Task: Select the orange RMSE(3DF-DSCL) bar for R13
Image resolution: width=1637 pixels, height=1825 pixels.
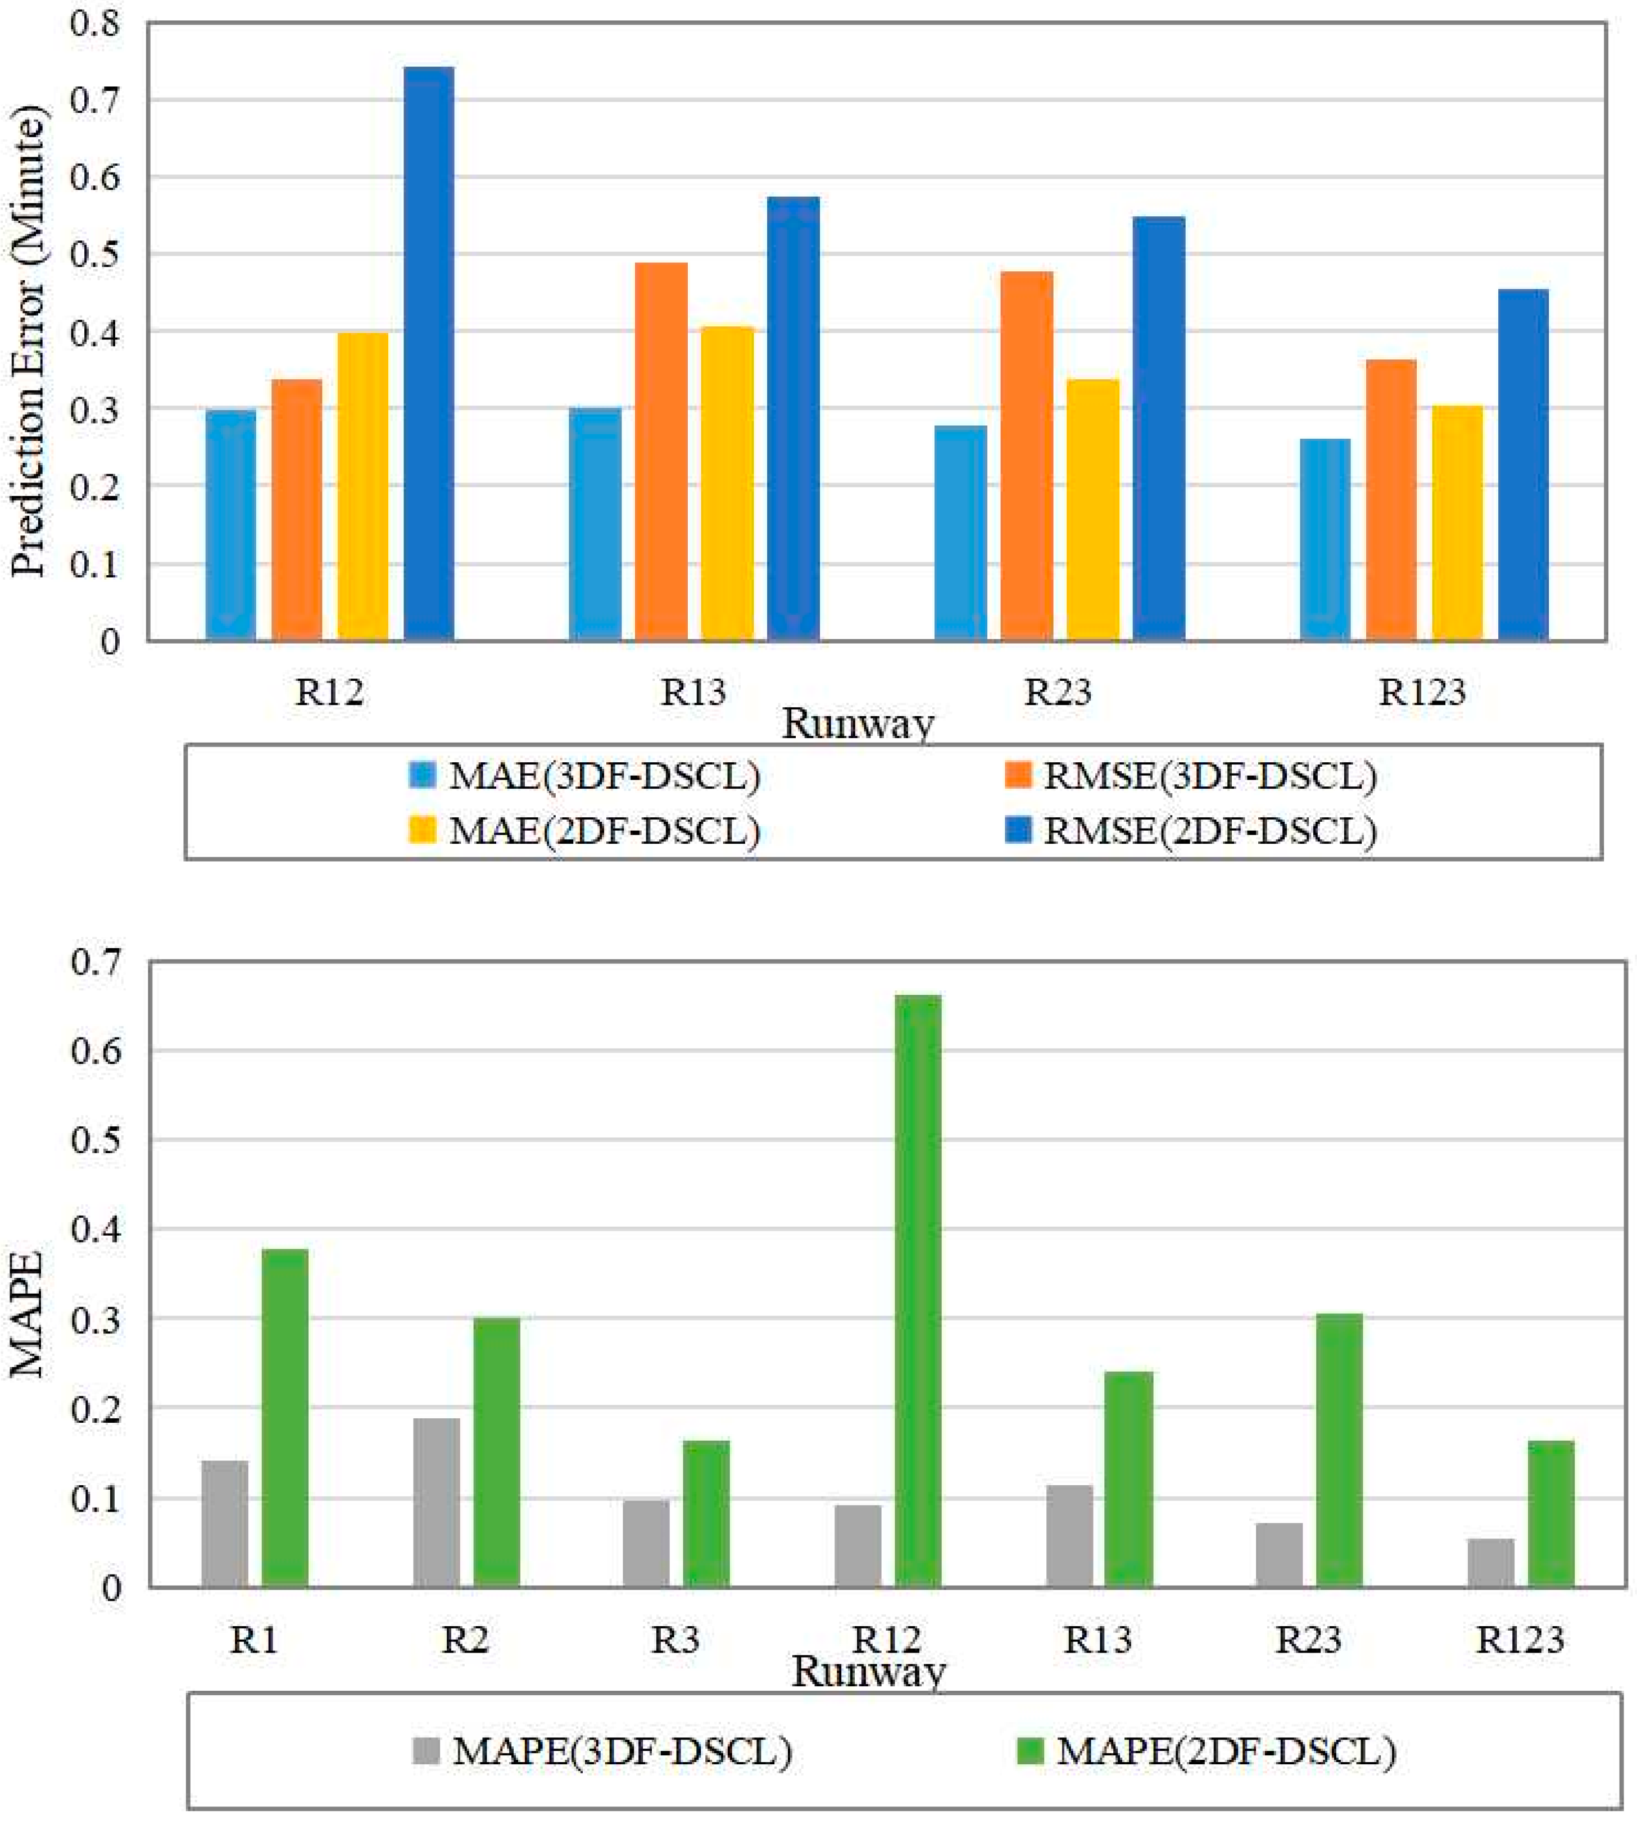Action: [x=661, y=451]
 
